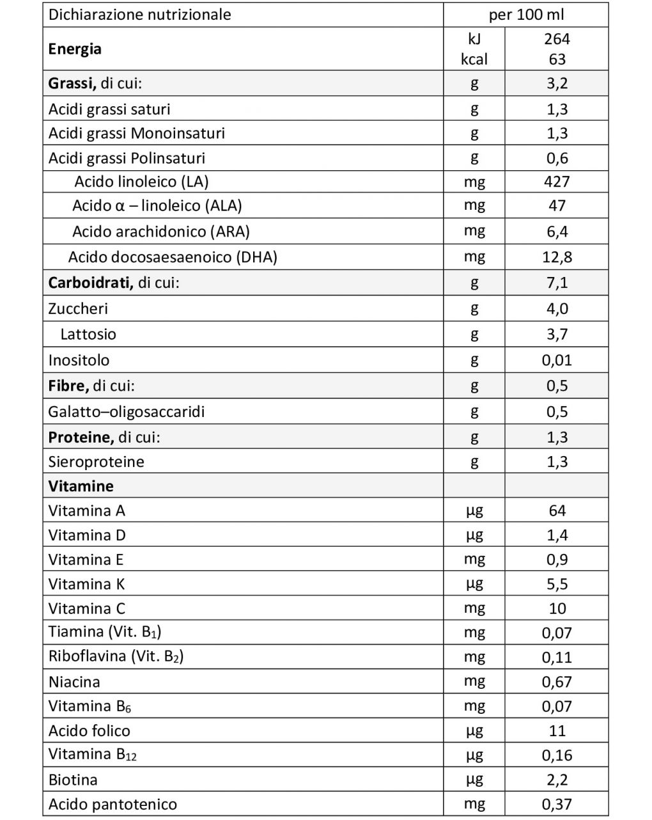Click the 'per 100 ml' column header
tap(526, 15)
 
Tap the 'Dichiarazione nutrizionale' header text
tap(139, 15)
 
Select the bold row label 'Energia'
tap(75, 49)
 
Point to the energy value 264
tap(557, 38)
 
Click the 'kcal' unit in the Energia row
tap(474, 59)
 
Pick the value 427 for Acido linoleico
tap(557, 182)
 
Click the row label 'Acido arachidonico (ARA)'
tap(160, 232)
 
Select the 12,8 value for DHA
tap(557, 257)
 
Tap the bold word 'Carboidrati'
tap(90, 283)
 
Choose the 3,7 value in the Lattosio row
tap(557, 334)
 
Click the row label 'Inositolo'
tap(79, 360)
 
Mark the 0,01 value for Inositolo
tap(557, 360)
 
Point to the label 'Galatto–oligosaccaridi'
tap(127, 411)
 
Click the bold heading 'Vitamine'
tap(81, 486)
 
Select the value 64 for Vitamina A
tap(557, 510)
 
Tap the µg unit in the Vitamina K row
tap(474, 583)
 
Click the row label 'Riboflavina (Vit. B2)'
tap(116, 656)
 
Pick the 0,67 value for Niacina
tap(557, 682)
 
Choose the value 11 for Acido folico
tap(557, 730)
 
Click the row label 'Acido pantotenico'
tap(113, 804)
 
